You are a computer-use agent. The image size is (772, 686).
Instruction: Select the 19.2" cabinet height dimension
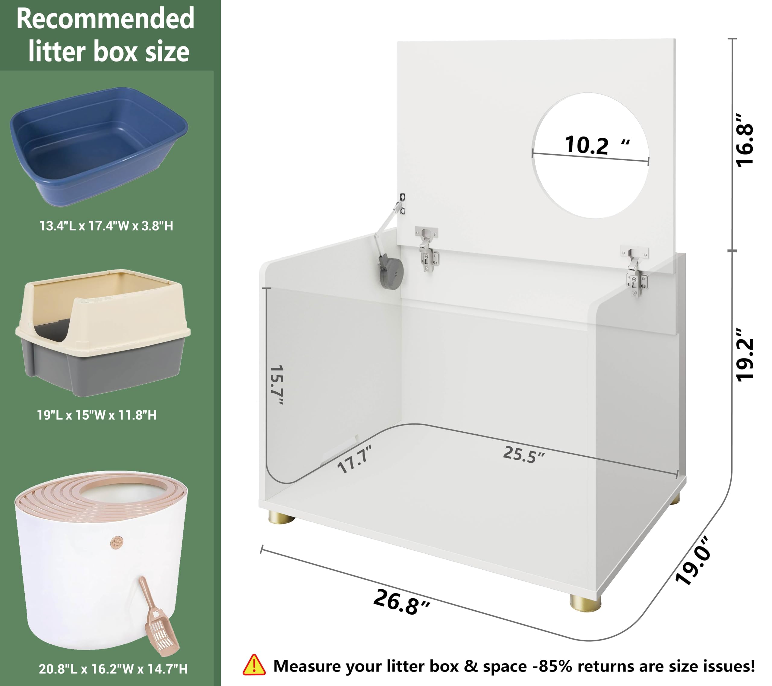[745, 355]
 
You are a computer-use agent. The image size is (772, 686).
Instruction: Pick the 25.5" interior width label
[524, 455]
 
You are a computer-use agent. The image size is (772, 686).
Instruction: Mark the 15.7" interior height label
[277, 385]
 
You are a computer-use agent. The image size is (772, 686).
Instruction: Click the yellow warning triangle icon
[254, 665]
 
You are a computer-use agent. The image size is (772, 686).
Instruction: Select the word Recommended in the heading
[105, 19]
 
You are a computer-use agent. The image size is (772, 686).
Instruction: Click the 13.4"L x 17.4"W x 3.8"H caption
[106, 226]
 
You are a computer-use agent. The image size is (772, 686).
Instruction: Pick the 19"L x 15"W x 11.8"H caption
[97, 415]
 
